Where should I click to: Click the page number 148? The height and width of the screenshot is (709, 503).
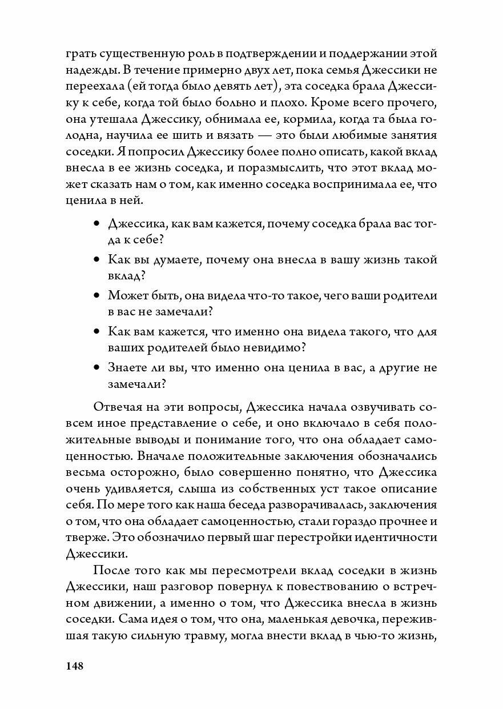pos(75,667)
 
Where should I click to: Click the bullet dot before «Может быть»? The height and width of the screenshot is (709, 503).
pos(96,295)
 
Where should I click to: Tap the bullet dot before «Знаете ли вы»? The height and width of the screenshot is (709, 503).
pos(96,367)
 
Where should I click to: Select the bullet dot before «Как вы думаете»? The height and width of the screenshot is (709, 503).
pos(96,259)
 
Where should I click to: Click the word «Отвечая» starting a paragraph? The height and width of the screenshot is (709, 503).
pos(119,408)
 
